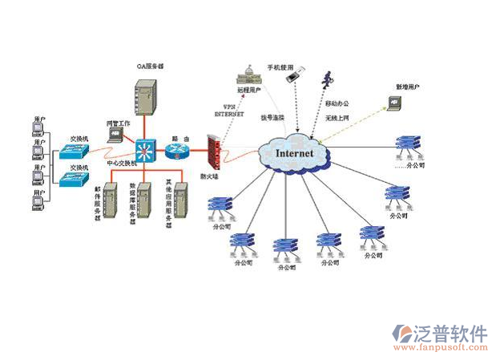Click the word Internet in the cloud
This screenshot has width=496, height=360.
click(292, 152)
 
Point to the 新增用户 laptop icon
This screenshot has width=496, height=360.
click(393, 102)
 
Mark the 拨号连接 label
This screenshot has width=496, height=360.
click(272, 118)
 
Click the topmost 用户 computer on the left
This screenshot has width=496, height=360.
click(37, 127)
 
